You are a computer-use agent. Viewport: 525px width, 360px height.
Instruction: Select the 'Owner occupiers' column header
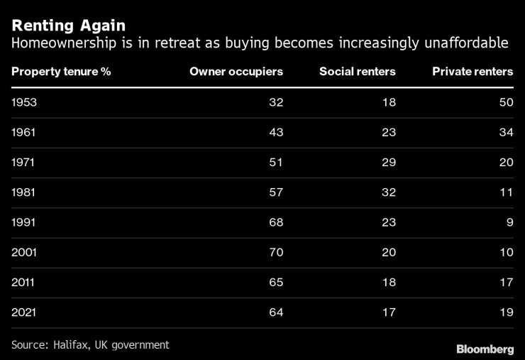pos(236,72)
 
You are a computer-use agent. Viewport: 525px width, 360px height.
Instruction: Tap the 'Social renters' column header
pos(357,72)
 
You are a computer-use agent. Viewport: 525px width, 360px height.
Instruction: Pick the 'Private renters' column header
pos(472,72)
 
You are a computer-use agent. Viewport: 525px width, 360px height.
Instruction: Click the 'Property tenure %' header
pos(61,72)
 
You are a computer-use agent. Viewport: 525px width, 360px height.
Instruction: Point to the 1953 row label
pos(24,102)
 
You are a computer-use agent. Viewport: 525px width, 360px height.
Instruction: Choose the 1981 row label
pos(23,192)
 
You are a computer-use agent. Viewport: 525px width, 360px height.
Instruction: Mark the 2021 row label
pos(24,312)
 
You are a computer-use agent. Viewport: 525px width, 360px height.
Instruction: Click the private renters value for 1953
pos(505,102)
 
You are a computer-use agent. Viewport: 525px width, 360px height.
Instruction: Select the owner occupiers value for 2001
pos(275,252)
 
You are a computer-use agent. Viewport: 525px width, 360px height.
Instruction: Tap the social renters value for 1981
pos(388,192)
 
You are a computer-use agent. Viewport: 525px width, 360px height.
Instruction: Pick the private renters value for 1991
pos(509,222)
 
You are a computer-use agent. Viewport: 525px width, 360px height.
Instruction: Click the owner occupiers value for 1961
pos(275,132)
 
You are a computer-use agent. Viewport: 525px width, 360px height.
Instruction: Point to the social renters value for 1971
pos(388,162)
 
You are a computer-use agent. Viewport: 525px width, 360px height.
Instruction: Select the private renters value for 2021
pos(505,312)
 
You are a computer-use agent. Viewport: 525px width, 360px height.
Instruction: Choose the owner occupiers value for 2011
pos(275,282)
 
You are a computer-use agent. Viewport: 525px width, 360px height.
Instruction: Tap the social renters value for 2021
pos(388,312)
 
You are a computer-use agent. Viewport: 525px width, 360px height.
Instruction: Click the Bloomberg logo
pos(485,349)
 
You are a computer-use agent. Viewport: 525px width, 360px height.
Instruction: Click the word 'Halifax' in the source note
pos(72,345)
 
